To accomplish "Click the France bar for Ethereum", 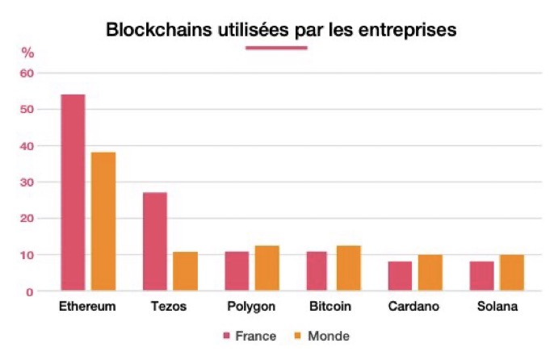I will tap(73, 192).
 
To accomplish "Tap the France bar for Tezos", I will tap(155, 241).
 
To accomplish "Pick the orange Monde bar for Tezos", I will tap(185, 271).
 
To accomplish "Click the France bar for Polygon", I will tap(237, 271).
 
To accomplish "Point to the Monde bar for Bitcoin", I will tap(349, 268).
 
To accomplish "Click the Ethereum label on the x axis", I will tap(88, 308).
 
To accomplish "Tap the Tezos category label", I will tap(170, 308).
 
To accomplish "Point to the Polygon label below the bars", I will tap(252, 308).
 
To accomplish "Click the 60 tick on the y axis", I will tap(27, 73).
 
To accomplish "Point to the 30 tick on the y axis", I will tap(27, 182).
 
